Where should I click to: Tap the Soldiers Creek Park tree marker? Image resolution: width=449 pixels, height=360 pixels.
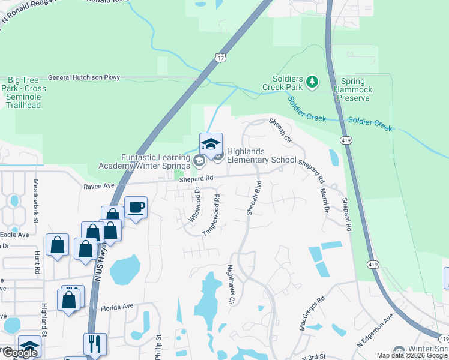312,81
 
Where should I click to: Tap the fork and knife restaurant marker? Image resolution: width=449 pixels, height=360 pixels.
95,344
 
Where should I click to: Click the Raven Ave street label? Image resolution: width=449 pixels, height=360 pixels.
99,187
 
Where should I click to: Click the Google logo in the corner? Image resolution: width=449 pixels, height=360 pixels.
19,353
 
